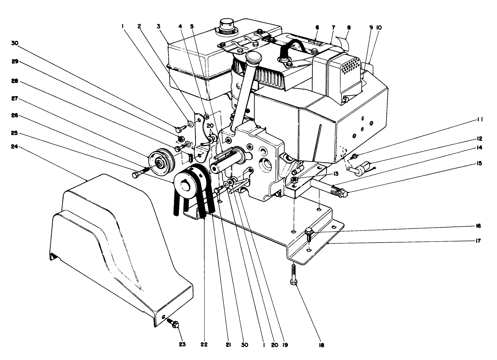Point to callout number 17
pos(478,241)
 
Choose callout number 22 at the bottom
pos(204,344)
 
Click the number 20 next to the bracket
pos(210,125)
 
